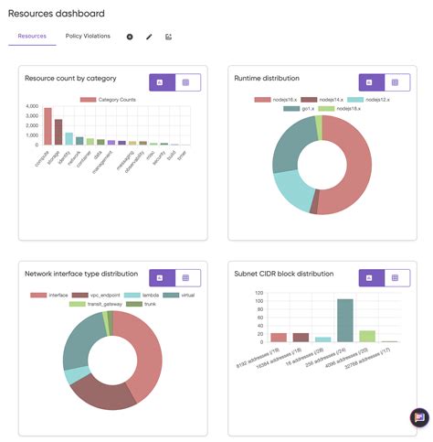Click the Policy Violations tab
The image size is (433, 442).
(88, 37)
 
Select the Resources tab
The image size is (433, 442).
(32, 37)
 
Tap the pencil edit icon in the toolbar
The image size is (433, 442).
(149, 37)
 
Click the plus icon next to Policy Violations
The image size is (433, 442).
(130, 37)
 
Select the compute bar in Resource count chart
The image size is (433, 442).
(48, 127)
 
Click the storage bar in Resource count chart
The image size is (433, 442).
(58, 133)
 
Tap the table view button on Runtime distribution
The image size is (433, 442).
(396, 81)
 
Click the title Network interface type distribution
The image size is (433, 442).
(81, 274)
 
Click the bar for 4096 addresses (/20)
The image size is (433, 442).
(366, 336)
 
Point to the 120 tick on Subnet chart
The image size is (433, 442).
(259, 292)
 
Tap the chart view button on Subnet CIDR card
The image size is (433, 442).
(370, 277)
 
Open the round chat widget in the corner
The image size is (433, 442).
(419, 417)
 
